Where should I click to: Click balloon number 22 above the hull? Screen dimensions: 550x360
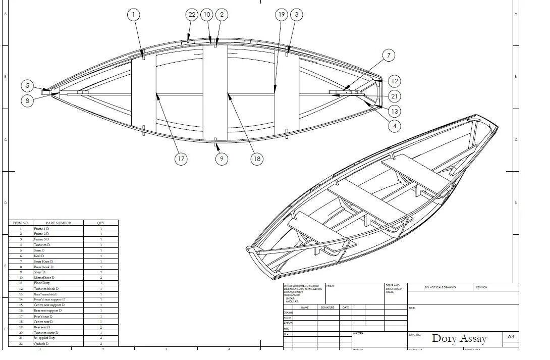[192, 15]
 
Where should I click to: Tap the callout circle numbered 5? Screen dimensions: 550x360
[28, 86]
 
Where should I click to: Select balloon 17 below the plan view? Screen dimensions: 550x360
[181, 159]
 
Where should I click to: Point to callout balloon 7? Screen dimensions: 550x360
[389, 56]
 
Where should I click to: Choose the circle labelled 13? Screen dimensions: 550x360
[395, 112]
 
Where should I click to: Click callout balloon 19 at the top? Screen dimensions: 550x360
[282, 15]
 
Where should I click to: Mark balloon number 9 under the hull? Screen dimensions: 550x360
[222, 159]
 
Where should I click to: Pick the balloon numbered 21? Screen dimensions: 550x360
[395, 96]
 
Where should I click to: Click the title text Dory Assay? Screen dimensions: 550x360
[459, 338]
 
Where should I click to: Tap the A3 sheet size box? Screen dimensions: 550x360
[511, 337]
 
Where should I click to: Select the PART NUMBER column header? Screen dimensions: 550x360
[59, 223]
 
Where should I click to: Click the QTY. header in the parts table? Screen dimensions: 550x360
[101, 223]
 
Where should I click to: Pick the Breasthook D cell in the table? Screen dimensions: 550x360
[43, 267]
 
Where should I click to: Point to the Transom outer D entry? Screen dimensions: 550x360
[46, 333]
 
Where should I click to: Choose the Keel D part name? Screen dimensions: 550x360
[39, 256]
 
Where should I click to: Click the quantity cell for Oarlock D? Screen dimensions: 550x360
[101, 344]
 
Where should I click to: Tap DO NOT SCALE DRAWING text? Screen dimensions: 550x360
[440, 287]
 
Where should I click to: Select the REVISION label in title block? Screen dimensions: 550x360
[481, 287]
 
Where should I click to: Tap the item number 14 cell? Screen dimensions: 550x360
[21, 299]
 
